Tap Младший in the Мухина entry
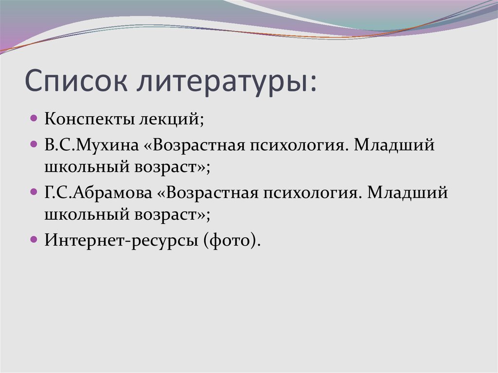pyautogui.click(x=394, y=146)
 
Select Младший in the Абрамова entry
pyautogui.click(x=407, y=193)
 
